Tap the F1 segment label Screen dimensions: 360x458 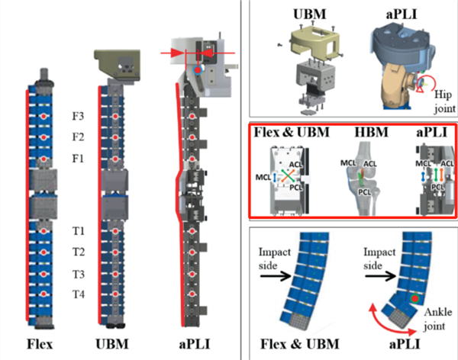(79, 158)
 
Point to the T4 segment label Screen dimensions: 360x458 (79, 294)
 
